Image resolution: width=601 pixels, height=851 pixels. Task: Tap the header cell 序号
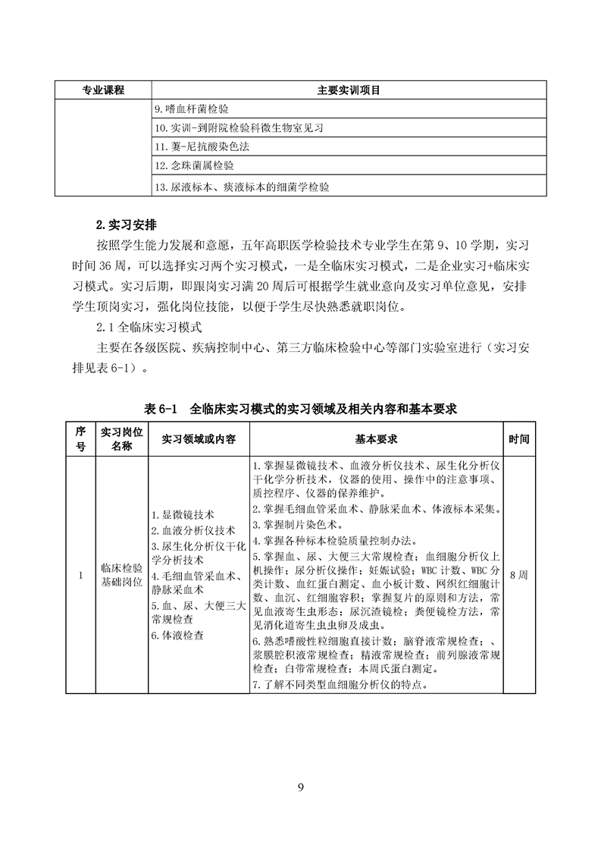(80, 439)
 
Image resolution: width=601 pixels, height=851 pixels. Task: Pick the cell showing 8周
(519, 575)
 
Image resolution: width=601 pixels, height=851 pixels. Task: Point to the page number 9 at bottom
(301, 786)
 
